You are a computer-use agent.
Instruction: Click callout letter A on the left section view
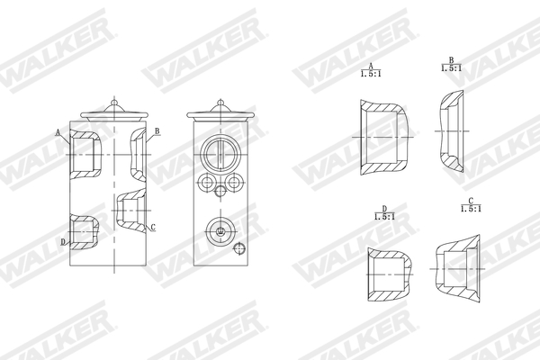pyautogui.click(x=58, y=132)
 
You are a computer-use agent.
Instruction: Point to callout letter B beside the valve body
pyautogui.click(x=157, y=131)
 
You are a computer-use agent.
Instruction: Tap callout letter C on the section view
pyautogui.click(x=153, y=227)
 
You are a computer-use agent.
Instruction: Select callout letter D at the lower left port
pyautogui.click(x=63, y=241)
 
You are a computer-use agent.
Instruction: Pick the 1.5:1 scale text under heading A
pyautogui.click(x=369, y=73)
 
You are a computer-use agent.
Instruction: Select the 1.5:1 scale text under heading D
pyautogui.click(x=384, y=218)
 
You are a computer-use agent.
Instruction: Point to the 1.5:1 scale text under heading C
pyautogui.click(x=471, y=208)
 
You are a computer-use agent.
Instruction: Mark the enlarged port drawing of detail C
pyautogui.click(x=458, y=266)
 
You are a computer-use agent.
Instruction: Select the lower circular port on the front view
pyautogui.click(x=220, y=230)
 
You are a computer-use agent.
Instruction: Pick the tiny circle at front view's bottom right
pyautogui.click(x=238, y=249)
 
